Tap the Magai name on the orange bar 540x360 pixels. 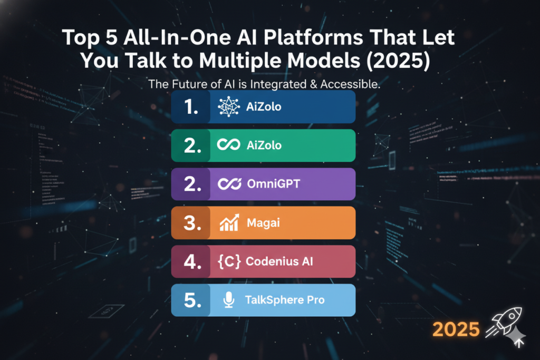[x=263, y=223]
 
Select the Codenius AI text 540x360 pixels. [x=279, y=261]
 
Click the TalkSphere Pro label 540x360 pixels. [x=285, y=300]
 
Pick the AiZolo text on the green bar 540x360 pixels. [x=264, y=145]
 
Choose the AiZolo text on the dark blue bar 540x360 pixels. [x=264, y=106]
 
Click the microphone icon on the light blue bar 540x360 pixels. [x=228, y=300]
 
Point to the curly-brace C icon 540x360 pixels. [x=228, y=261]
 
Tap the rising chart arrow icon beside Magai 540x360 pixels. [x=229, y=222]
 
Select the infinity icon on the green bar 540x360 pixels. [x=229, y=145]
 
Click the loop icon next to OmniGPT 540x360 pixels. [x=229, y=184]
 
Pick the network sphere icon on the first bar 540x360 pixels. [x=229, y=106]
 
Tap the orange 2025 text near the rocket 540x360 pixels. [x=457, y=329]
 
